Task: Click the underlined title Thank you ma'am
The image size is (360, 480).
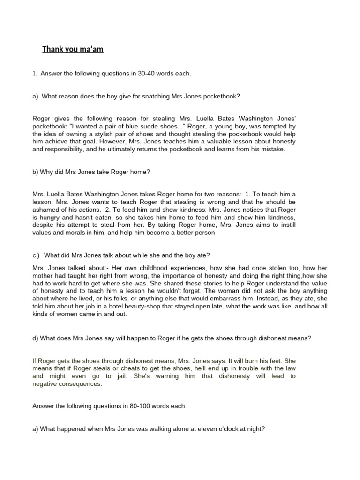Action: [x=73, y=49]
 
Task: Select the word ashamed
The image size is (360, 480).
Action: [x=46, y=209]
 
